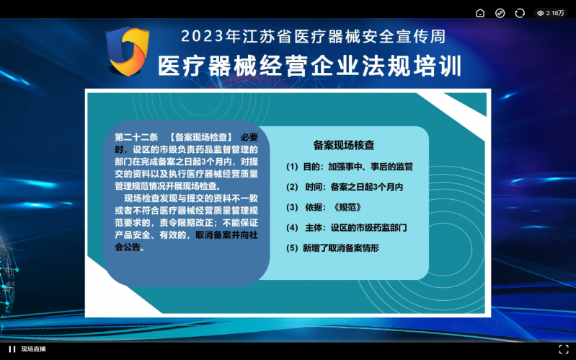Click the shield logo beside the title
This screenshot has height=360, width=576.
coord(128,51)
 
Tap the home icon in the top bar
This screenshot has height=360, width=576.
coord(480,13)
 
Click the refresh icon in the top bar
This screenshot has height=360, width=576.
coord(520,13)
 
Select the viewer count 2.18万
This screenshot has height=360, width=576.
coord(551,13)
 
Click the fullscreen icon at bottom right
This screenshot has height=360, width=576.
coord(564,349)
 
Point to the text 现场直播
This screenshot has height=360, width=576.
coord(33,349)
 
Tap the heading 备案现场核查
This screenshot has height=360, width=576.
coord(344,145)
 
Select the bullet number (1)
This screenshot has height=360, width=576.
coord(292,167)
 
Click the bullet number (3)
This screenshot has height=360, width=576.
coord(292,207)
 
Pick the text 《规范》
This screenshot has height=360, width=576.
coord(347,207)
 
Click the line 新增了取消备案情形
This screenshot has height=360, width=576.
coord(341,248)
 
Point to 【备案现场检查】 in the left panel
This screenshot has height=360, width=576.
coord(200,138)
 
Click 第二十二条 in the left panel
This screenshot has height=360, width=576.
coord(136,138)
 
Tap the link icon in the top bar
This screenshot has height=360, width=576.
coord(500,13)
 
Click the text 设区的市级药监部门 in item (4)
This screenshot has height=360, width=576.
coord(368,228)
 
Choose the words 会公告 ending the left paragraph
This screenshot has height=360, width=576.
coord(128,247)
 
